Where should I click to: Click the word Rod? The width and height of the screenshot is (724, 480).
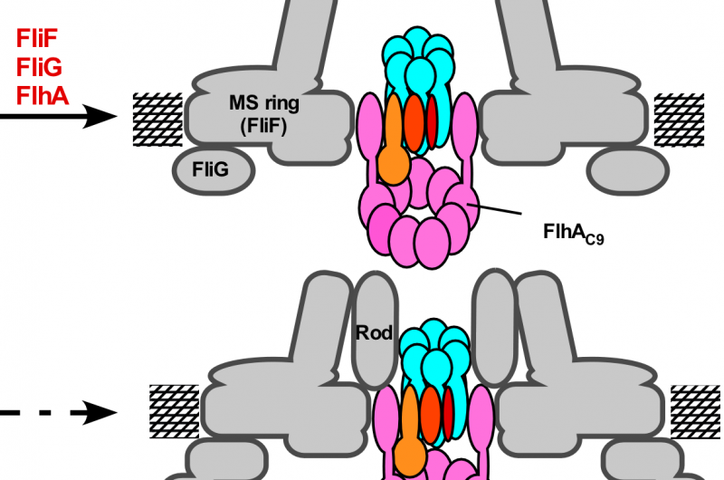(374, 333)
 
